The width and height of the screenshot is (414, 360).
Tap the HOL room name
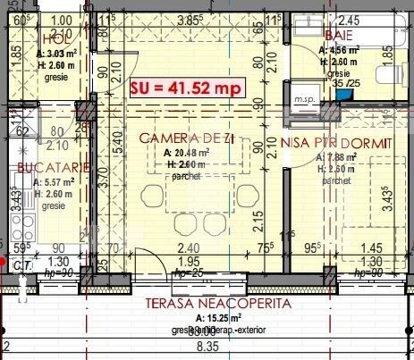54,38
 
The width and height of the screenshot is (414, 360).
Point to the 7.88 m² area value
340,157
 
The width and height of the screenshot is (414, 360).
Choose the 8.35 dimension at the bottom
207,346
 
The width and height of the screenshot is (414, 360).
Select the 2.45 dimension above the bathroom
348,19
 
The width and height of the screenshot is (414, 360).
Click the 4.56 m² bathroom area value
337,50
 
